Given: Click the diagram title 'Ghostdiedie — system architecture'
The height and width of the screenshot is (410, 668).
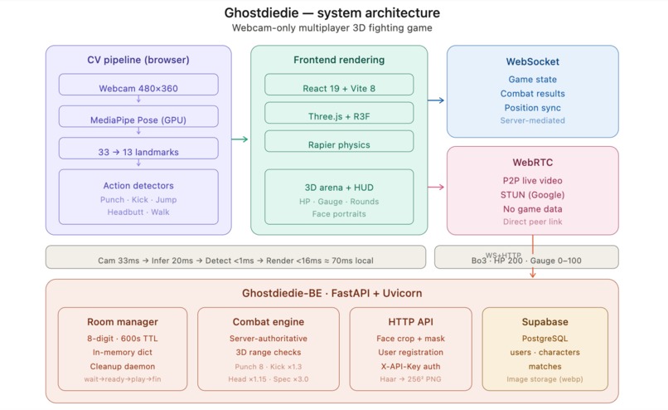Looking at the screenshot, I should tap(332, 13).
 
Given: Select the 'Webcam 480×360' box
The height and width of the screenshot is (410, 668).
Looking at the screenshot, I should tap(138, 88).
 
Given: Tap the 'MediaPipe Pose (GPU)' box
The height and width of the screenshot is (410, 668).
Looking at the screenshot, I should tap(138, 120).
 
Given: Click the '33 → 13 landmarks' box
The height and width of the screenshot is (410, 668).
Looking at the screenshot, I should tap(138, 151).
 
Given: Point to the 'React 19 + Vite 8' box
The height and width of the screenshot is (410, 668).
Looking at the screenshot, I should tap(339, 88).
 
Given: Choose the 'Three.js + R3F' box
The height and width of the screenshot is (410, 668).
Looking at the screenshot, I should tap(339, 116).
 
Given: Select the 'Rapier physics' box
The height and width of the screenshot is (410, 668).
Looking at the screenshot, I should tap(339, 144).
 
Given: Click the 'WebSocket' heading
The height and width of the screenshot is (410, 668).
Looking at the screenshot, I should tap(532, 62).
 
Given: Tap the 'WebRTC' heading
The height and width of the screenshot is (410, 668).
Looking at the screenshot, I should tap(532, 163).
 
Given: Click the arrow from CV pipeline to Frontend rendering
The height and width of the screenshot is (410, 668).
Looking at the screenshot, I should tap(240, 139).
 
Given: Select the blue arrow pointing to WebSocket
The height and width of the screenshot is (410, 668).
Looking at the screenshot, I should tap(437, 100).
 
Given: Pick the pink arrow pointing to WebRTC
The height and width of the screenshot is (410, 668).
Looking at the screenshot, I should tap(437, 187).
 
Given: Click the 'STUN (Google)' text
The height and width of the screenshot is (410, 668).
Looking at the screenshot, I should tap(532, 194).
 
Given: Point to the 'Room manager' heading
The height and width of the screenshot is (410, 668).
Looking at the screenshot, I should tap(123, 322).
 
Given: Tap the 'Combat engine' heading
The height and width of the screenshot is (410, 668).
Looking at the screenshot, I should tap(268, 322).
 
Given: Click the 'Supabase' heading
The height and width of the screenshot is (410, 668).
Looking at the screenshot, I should tap(545, 322).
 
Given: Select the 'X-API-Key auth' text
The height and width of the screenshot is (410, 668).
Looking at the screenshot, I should tap(410, 365).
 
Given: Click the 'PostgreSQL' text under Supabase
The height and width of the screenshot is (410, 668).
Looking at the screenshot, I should tap(545, 339).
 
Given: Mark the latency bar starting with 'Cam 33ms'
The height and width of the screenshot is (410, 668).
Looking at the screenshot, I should tap(235, 260).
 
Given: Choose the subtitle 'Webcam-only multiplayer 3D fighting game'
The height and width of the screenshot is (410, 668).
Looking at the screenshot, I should tap(332, 28).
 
